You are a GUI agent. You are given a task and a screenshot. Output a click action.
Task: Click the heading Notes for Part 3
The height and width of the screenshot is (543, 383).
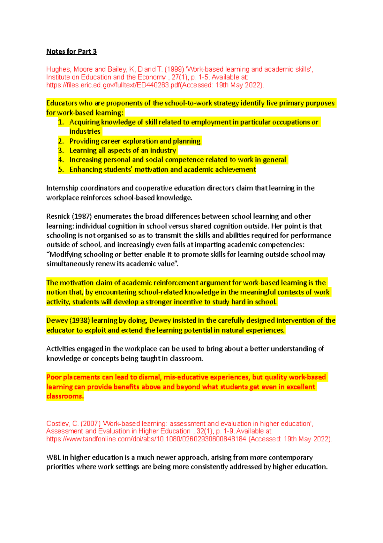[71, 51]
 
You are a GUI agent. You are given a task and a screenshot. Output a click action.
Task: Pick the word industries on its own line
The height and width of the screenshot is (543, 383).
[85, 131]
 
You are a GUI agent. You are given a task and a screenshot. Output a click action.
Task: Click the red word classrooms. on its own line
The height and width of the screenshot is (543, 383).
[65, 396]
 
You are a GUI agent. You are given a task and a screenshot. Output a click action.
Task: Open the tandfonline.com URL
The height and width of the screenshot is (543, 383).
[146, 439]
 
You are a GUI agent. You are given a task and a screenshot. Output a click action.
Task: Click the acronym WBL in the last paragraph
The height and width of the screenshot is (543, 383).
[53, 458]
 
